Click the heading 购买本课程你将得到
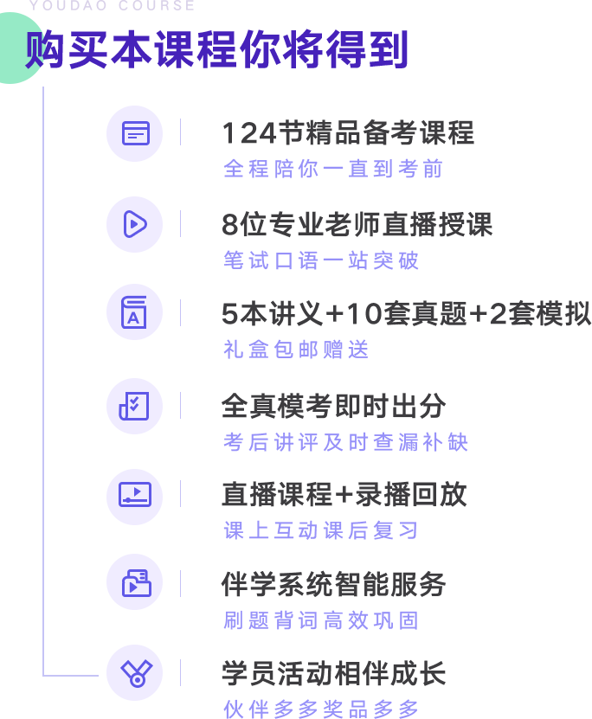coord(216,49)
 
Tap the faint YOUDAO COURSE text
coord(112,5)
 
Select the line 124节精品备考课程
coord(348,133)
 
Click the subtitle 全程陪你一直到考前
coord(333,169)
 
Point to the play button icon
coord(135,224)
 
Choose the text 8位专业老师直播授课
coord(357,224)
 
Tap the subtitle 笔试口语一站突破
coord(320,260)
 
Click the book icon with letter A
coord(134,312)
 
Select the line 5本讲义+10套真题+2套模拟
coord(406,314)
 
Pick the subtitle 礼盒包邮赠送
coord(296,350)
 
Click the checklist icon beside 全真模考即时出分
coord(134,406)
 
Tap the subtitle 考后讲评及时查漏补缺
coord(345,442)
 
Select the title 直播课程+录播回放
coord(344,494)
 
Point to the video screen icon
coord(135,495)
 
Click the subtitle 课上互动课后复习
coord(320,530)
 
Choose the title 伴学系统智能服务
coord(333,584)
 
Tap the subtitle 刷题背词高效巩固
coord(320,620)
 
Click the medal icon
coord(136,673)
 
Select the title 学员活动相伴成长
coord(333,673)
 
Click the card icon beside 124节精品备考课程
coord(136,133)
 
